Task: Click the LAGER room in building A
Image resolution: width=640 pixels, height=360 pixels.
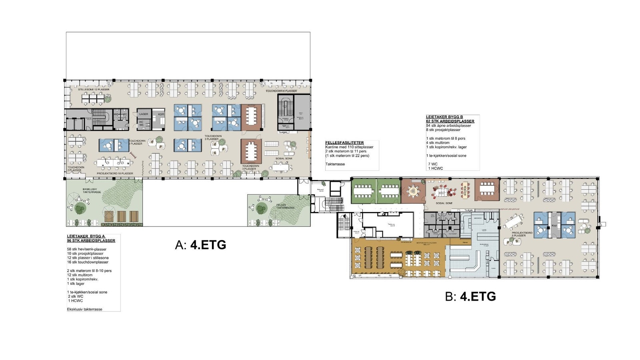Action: pyautogui.click(x=144, y=114)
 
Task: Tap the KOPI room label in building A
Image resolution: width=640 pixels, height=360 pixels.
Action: pyautogui.click(x=161, y=114)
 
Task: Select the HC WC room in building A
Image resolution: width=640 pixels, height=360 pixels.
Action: pyautogui.click(x=141, y=124)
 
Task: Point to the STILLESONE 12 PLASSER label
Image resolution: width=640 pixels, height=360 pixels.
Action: pyautogui.click(x=94, y=89)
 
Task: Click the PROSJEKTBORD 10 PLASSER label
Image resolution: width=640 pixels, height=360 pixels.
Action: pyautogui.click(x=115, y=174)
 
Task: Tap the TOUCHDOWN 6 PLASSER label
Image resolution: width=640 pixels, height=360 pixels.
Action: pyautogui.click(x=281, y=91)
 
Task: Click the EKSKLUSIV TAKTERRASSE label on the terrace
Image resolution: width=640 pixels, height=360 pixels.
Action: pyautogui.click(x=92, y=190)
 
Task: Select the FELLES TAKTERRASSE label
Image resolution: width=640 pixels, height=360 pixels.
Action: pyautogui.click(x=286, y=206)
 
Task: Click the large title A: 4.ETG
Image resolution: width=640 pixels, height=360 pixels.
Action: pyautogui.click(x=200, y=245)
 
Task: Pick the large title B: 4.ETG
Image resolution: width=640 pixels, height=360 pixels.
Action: pyautogui.click(x=470, y=296)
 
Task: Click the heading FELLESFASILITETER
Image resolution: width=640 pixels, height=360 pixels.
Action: pyautogui.click(x=344, y=143)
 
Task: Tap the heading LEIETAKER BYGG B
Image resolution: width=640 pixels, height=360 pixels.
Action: pyautogui.click(x=444, y=117)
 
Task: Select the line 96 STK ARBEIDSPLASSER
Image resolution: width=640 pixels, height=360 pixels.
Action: pyautogui.click(x=91, y=241)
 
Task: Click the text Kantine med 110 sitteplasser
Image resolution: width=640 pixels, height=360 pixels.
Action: pyautogui.click(x=349, y=147)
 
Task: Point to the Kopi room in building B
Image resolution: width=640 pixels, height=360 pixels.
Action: pyautogui.click(x=554, y=226)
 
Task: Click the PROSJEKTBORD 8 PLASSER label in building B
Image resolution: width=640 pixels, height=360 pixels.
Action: pyautogui.click(x=522, y=234)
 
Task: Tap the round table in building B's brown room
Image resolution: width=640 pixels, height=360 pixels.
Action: pyautogui.click(x=413, y=191)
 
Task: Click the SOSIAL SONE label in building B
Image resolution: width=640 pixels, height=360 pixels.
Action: pyautogui.click(x=444, y=203)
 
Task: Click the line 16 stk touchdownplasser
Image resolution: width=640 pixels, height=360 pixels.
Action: pyautogui.click(x=88, y=262)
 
